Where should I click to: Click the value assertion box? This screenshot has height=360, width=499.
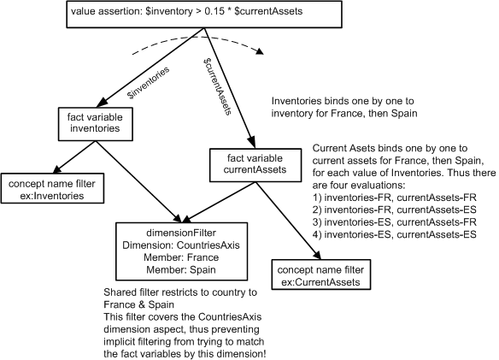tap(204, 15)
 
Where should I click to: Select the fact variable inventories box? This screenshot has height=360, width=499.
tap(95, 124)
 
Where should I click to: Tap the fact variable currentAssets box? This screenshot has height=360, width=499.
tap(255, 165)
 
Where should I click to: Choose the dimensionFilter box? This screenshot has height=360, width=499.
tap(181, 251)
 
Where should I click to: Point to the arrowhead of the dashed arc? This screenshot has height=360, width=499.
tap(261, 51)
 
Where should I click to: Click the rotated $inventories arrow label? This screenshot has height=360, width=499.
tap(148, 83)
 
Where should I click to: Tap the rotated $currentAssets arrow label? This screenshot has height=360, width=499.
tap(217, 86)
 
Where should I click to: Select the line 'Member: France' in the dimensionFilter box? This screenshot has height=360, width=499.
tap(181, 257)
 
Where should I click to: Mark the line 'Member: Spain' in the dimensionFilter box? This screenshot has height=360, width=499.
tap(181, 270)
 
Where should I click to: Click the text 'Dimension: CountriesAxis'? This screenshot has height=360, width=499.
tap(181, 245)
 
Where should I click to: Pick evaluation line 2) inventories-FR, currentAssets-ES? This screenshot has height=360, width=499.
tap(394, 210)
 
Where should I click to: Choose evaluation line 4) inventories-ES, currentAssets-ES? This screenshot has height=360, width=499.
tap(394, 235)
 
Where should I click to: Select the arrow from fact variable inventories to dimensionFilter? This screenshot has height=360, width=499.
tap(139, 181)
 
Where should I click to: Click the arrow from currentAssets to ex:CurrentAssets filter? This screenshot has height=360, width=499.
tap(288, 221)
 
